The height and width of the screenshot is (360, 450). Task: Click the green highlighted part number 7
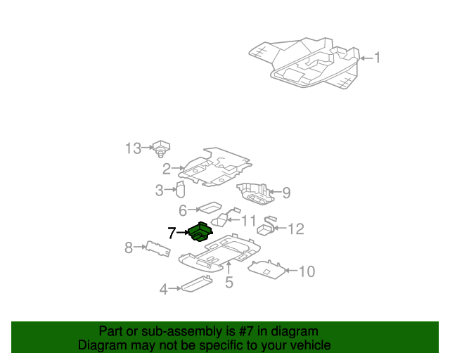200,232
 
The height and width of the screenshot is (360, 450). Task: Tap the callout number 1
378,58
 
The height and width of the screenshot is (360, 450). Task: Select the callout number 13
134,148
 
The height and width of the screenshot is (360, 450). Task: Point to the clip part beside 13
161,148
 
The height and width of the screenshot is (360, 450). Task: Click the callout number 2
167,169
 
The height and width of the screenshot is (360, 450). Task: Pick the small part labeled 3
181,189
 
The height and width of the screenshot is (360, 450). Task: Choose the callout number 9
286,193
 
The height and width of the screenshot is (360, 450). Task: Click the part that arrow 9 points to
254,193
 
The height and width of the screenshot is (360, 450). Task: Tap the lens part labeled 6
211,207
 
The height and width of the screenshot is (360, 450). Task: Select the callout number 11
248,221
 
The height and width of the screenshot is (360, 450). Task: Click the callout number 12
295,229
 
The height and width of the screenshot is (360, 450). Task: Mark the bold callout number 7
172,233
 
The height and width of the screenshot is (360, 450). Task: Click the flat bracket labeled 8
158,249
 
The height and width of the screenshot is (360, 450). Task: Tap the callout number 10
307,271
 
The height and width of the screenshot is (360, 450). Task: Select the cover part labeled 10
266,269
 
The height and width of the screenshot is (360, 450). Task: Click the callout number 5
229,282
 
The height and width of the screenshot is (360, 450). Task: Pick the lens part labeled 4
197,283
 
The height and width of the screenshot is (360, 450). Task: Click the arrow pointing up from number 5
229,268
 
